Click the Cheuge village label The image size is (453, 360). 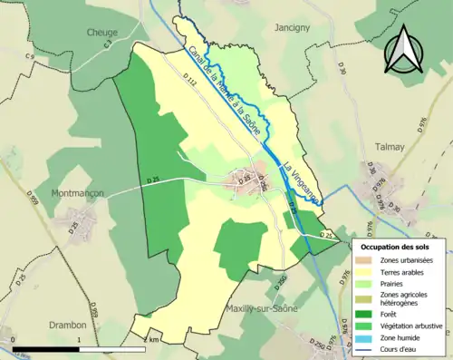point(102,32)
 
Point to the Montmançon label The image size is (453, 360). point(79,193)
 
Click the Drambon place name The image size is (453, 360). point(67,325)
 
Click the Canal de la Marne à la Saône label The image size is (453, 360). point(226,92)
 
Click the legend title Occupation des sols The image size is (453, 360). point(395,247)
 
